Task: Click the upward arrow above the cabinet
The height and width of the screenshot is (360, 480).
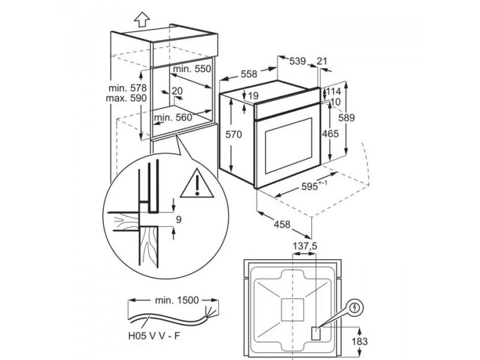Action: pyautogui.click(x=142, y=20)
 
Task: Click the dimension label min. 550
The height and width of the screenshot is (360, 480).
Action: pyautogui.click(x=192, y=69)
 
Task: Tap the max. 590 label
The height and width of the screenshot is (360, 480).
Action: pyautogui.click(x=126, y=98)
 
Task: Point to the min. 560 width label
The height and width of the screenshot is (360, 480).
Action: pyautogui.click(x=173, y=118)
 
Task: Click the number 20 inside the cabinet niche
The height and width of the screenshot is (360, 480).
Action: pyautogui.click(x=177, y=91)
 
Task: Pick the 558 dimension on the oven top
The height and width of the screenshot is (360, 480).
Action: pyautogui.click(x=249, y=74)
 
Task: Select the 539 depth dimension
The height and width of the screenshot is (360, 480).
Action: pyautogui.click(x=298, y=61)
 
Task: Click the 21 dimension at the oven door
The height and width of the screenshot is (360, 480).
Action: pyautogui.click(x=322, y=61)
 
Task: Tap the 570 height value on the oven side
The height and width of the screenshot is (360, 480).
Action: pyautogui.click(x=233, y=134)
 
